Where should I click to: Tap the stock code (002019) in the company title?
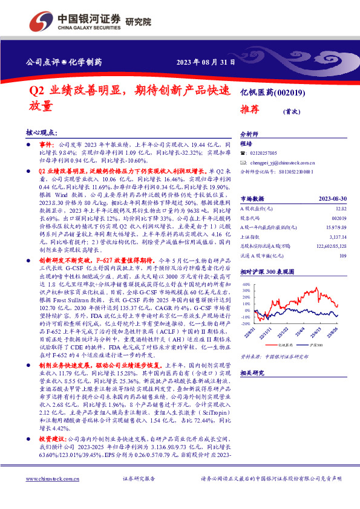click(x=292, y=92)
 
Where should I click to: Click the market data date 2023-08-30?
click(x=332, y=198)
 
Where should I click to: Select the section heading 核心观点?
click(x=42, y=132)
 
